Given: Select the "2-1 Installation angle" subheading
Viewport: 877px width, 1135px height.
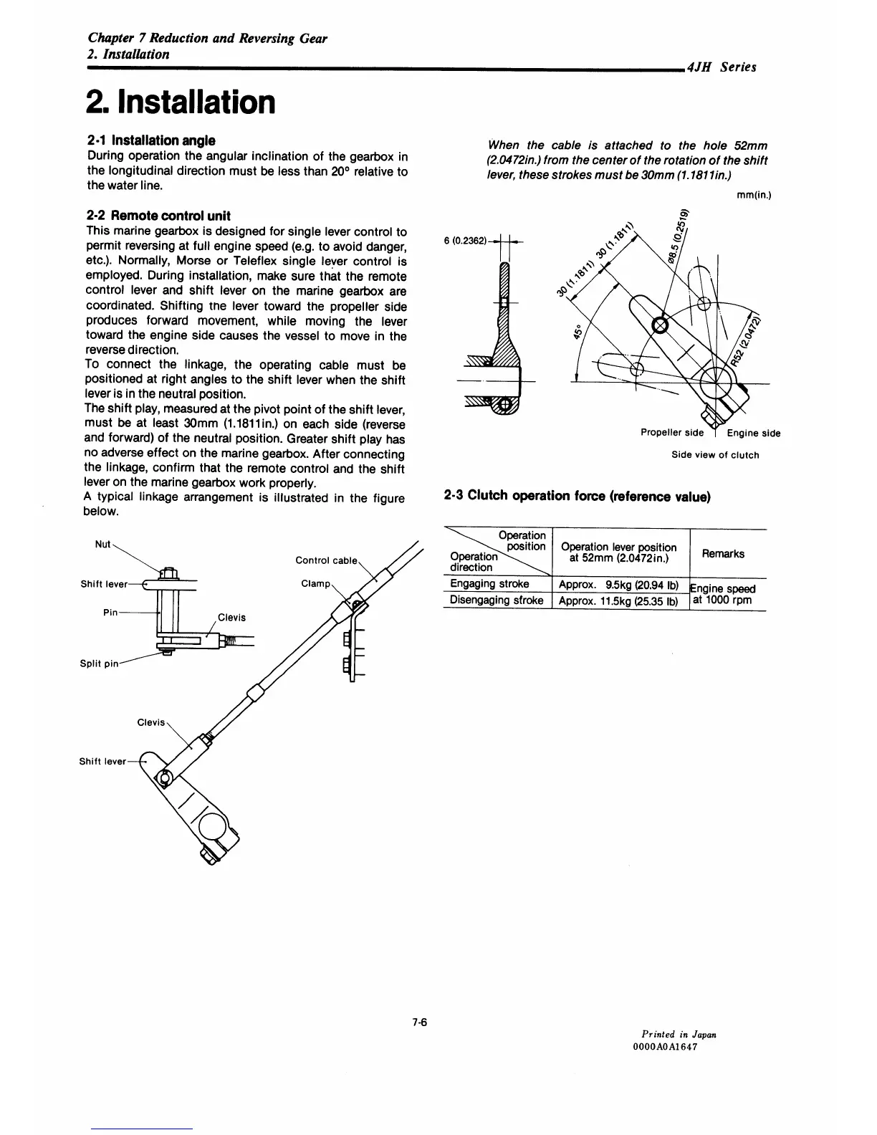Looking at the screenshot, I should [x=150, y=140].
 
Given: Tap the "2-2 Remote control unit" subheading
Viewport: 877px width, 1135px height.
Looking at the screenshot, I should [x=158, y=216].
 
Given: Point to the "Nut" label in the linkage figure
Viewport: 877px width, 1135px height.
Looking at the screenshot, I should [x=102, y=544].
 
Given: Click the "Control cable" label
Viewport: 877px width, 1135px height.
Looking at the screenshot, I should [x=326, y=560].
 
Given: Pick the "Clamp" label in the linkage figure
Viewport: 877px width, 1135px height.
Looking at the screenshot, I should [x=315, y=584].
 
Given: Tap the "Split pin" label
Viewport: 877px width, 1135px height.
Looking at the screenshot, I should [x=99, y=664].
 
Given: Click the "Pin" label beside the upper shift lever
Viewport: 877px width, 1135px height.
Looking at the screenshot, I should [x=111, y=613].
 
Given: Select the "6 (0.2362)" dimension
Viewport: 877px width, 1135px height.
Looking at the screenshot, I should [x=466, y=241].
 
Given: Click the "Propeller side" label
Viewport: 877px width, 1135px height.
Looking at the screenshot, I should [x=672, y=433].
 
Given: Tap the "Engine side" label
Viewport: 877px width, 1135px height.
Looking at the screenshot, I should [x=753, y=433].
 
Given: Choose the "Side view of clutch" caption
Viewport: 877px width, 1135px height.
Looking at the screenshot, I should [x=714, y=454].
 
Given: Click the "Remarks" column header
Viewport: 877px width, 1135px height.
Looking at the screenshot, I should [x=723, y=553].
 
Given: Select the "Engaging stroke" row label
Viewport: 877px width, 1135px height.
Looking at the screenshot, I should [x=489, y=584].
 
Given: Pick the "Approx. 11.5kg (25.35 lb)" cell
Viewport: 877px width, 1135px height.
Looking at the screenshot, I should [x=618, y=600].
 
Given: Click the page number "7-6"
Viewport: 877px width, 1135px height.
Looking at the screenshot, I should [x=419, y=1023].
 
